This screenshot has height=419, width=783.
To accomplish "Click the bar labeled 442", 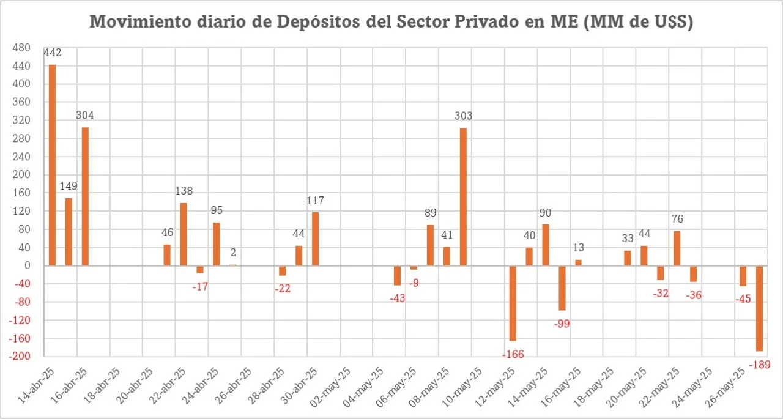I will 52,165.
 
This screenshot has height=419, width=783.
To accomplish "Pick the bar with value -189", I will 759,308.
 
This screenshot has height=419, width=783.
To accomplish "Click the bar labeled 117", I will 315,239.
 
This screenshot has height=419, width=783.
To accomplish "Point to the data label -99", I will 562,324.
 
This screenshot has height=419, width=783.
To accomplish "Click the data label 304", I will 85,115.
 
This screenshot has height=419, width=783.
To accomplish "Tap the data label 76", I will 677,219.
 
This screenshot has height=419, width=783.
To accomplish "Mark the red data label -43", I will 397,298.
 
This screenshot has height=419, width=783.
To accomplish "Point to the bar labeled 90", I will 546,245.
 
